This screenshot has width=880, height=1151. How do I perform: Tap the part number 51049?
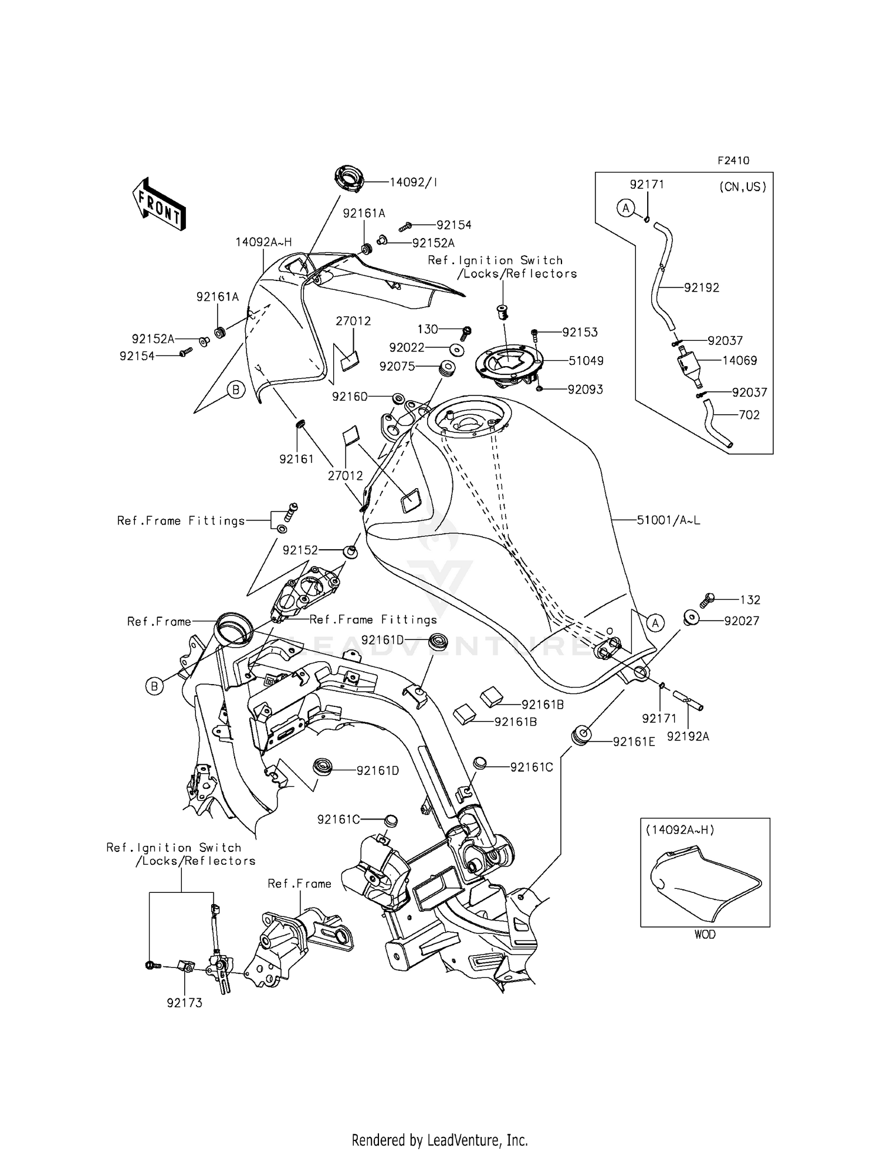tap(585, 361)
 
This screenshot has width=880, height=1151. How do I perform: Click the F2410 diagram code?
tap(733, 161)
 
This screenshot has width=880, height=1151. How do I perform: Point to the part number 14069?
tap(739, 360)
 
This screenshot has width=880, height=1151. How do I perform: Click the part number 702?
tap(749, 415)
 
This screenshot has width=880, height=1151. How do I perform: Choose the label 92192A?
tap(688, 736)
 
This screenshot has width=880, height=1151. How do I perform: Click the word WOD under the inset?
tap(705, 934)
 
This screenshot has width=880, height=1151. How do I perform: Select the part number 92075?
tap(397, 366)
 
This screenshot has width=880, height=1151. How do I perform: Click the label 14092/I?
tap(414, 182)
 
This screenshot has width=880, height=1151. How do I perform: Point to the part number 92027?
tap(742, 621)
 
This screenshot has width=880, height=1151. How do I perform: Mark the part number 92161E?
tap(634, 742)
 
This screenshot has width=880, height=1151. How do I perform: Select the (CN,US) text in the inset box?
tap(742, 187)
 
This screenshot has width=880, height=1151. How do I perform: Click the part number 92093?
tap(585, 390)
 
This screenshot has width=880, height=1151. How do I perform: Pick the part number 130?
tap(428, 330)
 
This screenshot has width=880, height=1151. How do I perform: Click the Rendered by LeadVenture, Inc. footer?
tap(439, 1140)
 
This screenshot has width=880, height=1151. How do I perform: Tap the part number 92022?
tap(407, 348)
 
